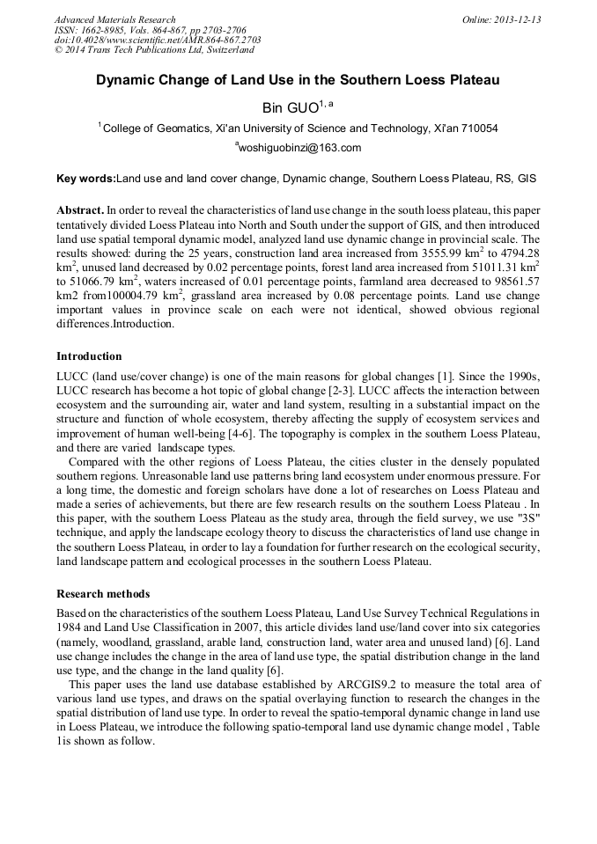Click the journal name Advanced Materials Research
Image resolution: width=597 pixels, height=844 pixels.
pos(115,19)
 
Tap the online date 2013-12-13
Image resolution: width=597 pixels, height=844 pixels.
pos(517,19)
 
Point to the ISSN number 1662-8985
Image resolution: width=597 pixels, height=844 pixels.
pos(105,30)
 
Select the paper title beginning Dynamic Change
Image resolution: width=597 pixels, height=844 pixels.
pos(298,80)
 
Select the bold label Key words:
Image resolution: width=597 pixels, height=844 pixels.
pos(85,179)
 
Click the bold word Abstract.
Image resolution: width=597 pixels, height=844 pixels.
pos(79,212)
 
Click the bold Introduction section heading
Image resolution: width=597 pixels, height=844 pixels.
pos(89,356)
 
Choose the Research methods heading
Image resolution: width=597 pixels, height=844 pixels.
pos(103,593)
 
